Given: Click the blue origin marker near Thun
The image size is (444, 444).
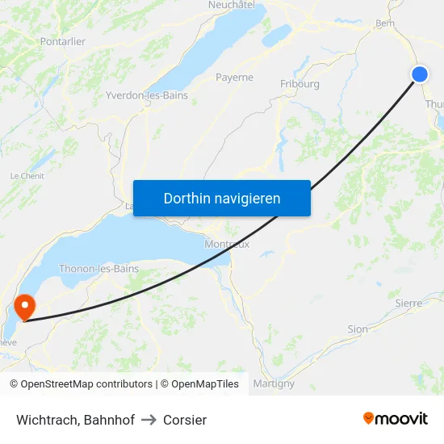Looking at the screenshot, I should click(x=420, y=74).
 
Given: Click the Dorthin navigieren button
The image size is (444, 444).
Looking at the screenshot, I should click(x=222, y=198).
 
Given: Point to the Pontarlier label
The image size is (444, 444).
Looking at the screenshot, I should click(x=62, y=41).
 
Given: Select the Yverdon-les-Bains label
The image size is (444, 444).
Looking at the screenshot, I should click(x=147, y=95).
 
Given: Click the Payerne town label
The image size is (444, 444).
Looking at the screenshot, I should click(x=234, y=77).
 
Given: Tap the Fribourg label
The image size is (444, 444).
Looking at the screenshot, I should click(x=299, y=84).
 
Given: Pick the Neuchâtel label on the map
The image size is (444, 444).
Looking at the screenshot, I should click(x=232, y=5).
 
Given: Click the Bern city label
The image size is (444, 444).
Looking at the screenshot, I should click(x=384, y=23).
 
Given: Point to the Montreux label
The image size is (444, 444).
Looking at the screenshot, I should click(x=227, y=244).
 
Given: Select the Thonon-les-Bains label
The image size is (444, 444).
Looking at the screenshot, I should click(x=98, y=269).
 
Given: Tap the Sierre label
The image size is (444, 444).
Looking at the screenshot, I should click(x=408, y=303).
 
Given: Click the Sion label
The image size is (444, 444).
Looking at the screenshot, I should click(x=357, y=329).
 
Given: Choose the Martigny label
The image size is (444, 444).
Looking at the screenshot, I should click(x=274, y=383).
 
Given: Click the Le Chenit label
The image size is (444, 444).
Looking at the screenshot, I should click(x=27, y=175).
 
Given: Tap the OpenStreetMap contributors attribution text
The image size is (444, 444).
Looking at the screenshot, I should click(x=86, y=384).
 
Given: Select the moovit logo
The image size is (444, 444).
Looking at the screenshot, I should click(x=396, y=418).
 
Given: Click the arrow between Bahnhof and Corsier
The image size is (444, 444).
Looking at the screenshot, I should click(x=149, y=420).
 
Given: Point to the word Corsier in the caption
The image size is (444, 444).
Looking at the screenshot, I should click(x=185, y=420).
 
